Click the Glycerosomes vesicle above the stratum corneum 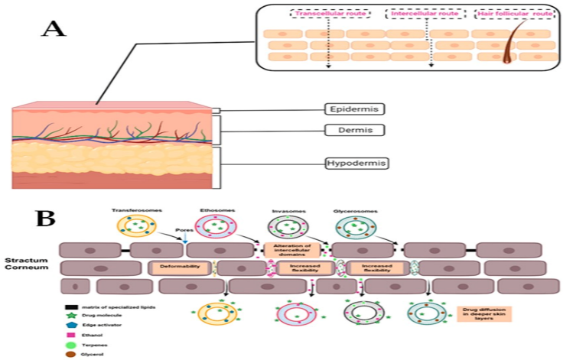coord(354,229)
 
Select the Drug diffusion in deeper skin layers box coord(483,313)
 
